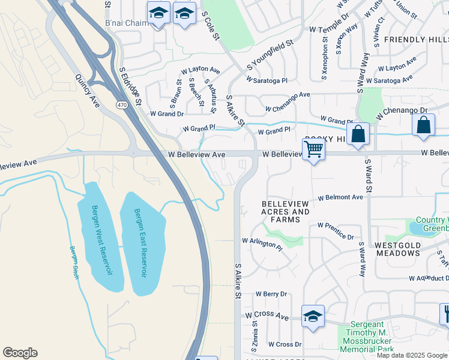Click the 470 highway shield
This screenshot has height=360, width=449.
123,105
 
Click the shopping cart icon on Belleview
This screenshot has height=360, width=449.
314,150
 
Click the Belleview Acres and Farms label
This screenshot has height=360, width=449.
286,212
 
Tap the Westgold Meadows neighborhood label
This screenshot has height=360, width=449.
405,249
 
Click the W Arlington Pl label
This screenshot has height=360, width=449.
262,243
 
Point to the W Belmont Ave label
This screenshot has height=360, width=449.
340,197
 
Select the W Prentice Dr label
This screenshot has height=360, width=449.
336,232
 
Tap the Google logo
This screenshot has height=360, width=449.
20,353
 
